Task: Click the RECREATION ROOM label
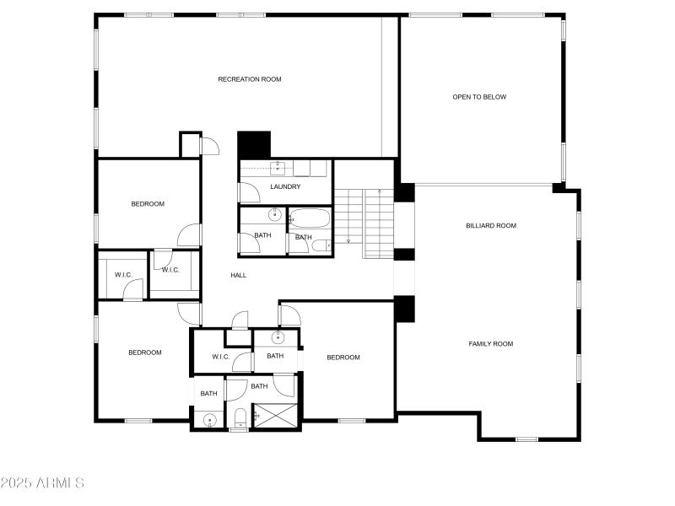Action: (x=250, y=79)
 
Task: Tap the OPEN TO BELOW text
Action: (x=479, y=97)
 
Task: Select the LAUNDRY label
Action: (x=285, y=186)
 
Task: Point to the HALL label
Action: (x=239, y=275)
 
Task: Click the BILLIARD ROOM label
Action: (x=490, y=225)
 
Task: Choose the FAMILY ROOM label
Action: (x=491, y=343)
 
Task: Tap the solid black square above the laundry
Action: (x=254, y=144)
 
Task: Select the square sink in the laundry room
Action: (x=278, y=167)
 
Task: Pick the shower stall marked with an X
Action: (x=274, y=416)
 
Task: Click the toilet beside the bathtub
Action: (x=322, y=245)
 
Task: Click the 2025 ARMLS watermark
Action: (x=42, y=483)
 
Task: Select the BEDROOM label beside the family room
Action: (x=343, y=358)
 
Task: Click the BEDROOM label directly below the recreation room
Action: (x=148, y=203)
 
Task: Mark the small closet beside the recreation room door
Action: (x=190, y=144)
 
